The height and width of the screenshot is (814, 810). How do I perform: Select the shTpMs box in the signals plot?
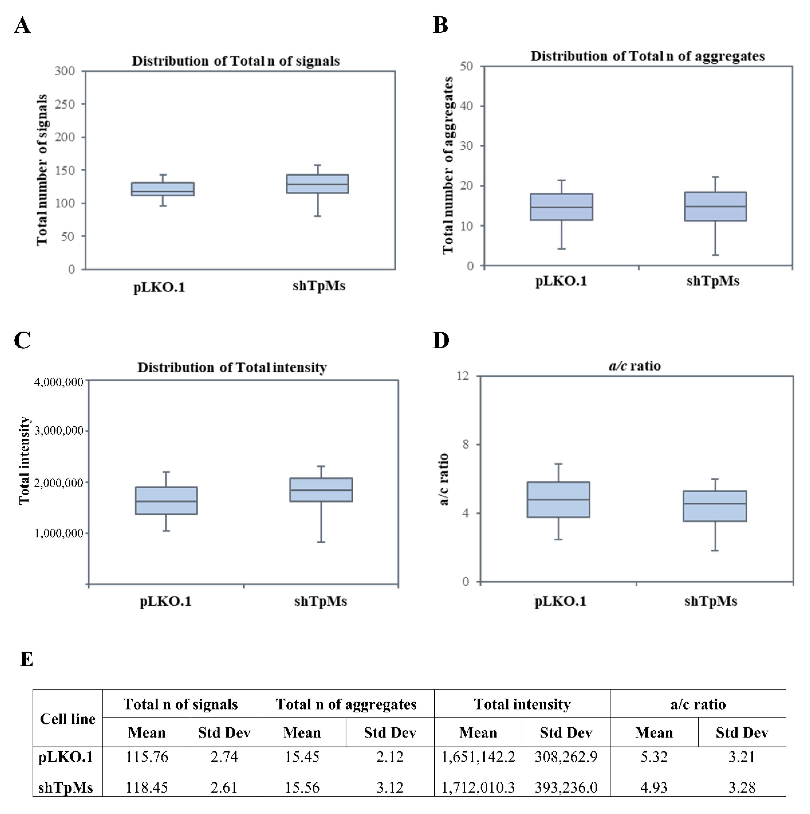(x=318, y=184)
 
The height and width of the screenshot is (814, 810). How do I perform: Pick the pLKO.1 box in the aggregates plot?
(x=561, y=207)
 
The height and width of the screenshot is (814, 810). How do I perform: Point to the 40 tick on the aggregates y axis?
(x=467, y=106)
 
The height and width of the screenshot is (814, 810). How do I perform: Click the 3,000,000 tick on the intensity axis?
(x=59, y=431)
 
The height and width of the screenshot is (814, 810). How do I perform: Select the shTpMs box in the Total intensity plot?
(x=321, y=490)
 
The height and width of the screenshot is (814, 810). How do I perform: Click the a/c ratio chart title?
(x=634, y=366)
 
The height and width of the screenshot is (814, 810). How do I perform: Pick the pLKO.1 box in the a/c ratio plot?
(x=558, y=500)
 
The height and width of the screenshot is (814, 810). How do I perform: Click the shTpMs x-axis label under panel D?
(x=711, y=601)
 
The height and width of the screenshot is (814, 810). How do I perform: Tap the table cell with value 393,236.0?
(x=566, y=788)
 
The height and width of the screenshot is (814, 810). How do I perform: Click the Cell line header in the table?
(x=67, y=719)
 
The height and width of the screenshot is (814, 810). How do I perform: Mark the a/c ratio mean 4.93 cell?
(x=654, y=788)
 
